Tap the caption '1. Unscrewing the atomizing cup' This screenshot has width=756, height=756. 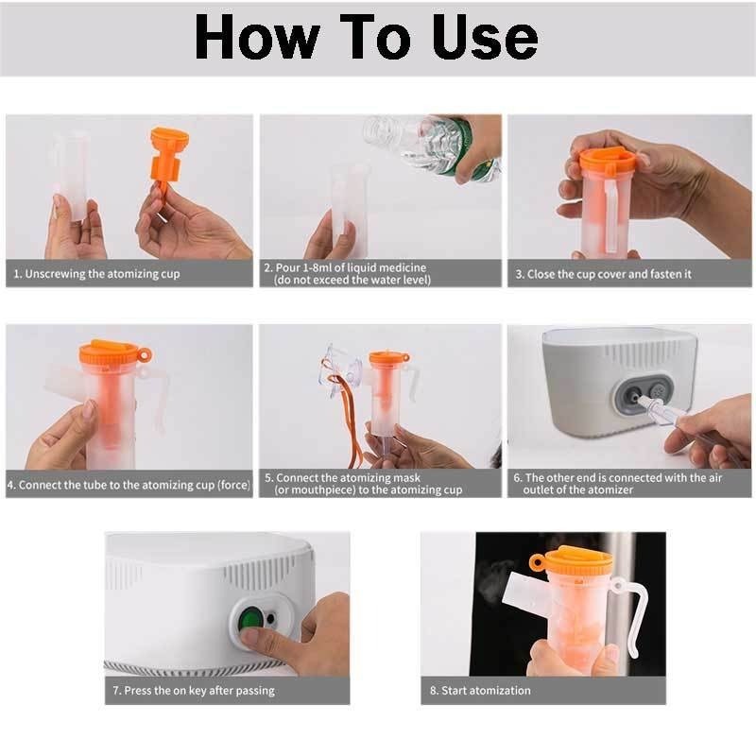pos(96,274)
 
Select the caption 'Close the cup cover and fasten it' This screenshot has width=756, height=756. pos(603,274)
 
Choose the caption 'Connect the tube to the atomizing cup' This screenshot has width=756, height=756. pos(129,485)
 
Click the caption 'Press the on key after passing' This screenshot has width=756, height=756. pos(194,691)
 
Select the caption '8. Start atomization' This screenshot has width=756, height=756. pos(480,691)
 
